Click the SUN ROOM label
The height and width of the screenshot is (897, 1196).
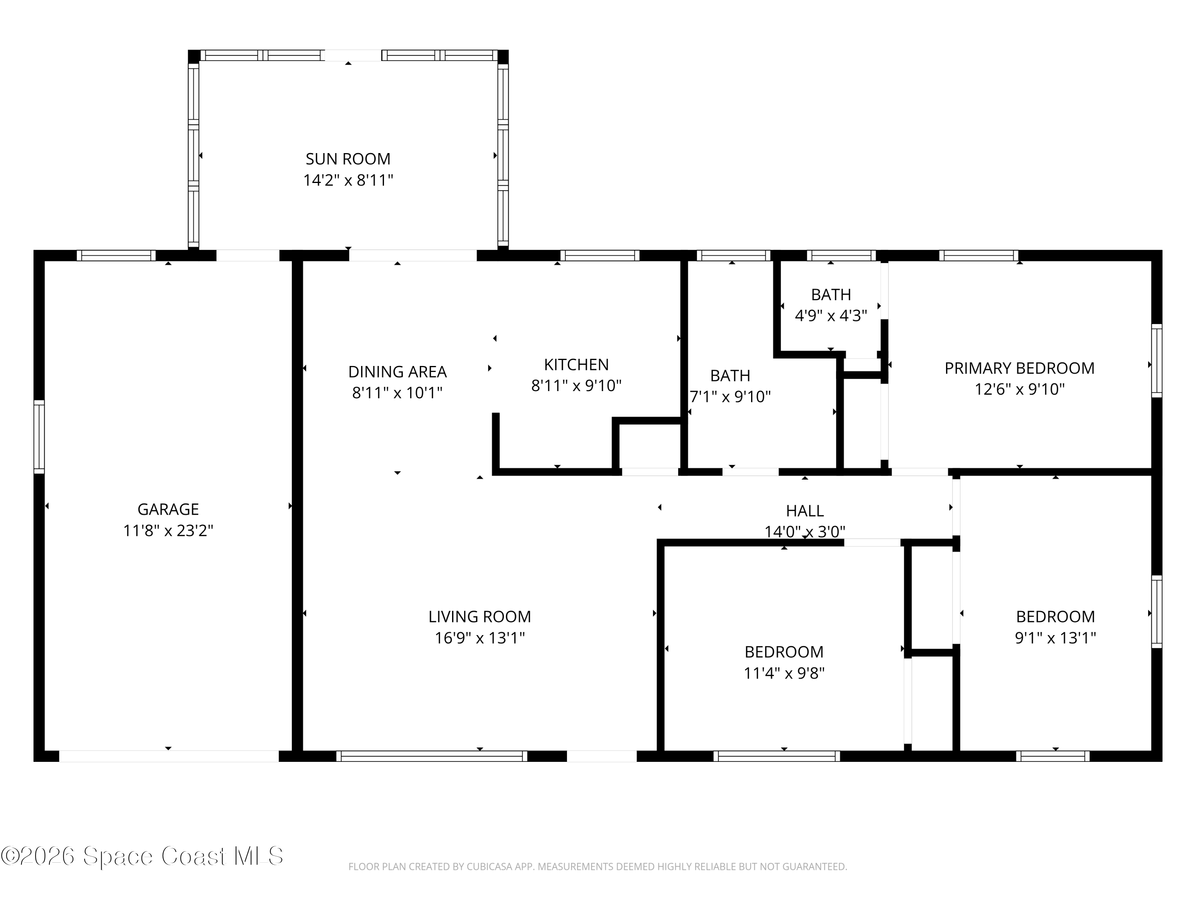(348, 159)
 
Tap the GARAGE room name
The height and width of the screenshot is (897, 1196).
(168, 509)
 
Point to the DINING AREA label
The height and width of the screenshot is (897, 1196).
(397, 372)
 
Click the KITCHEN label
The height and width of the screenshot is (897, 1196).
(576, 365)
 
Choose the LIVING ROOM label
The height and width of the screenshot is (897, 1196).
(480, 617)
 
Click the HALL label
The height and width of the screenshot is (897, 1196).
(805, 511)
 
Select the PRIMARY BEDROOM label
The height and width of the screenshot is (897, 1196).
(1019, 368)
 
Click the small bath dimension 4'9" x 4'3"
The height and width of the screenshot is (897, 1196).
(831, 316)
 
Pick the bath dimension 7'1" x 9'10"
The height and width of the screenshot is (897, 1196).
(730, 397)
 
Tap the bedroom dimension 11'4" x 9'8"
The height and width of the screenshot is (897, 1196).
(784, 674)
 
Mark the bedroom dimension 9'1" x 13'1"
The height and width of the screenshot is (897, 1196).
(1055, 638)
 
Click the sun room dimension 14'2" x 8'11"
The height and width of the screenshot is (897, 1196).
(348, 180)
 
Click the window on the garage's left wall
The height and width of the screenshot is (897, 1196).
(39, 437)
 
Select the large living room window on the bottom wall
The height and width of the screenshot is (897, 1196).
(431, 756)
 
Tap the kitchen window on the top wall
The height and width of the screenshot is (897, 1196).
(600, 255)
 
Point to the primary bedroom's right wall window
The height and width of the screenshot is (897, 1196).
(1157, 361)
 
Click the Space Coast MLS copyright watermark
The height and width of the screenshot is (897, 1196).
(142, 856)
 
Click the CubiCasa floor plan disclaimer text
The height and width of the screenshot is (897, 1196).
(598, 867)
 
